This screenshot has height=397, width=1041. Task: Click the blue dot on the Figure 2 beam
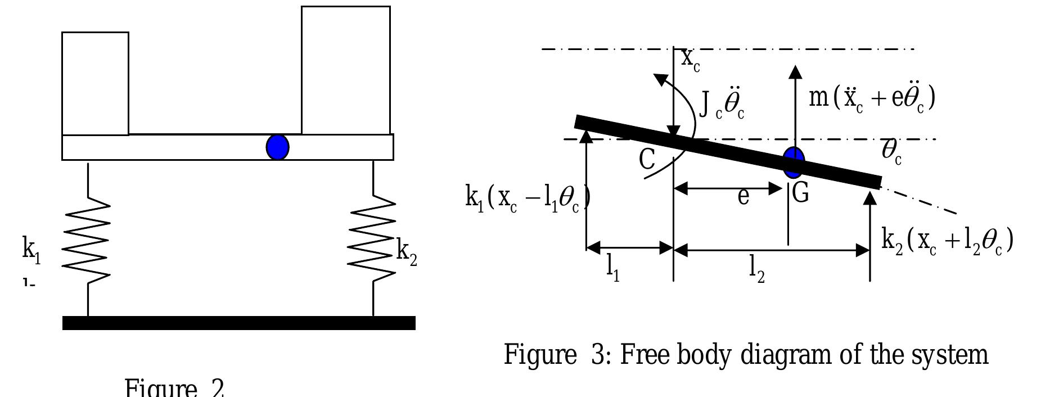(x=277, y=147)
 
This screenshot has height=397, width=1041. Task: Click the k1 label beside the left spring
(x=31, y=250)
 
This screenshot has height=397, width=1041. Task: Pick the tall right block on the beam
(x=345, y=71)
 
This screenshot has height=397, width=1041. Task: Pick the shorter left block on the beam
(x=95, y=83)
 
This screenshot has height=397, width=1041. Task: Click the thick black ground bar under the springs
(x=238, y=323)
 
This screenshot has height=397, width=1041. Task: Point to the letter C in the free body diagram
(x=647, y=160)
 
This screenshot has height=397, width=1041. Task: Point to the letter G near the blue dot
(x=800, y=193)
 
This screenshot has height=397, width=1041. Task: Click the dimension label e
(x=743, y=197)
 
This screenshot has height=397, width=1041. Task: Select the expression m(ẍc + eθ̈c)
(x=871, y=98)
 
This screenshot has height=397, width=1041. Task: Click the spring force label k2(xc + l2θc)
(x=947, y=241)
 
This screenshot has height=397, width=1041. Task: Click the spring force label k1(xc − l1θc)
(x=527, y=198)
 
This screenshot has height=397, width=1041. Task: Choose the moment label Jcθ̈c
(x=722, y=105)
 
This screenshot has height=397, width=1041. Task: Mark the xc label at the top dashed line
(x=691, y=60)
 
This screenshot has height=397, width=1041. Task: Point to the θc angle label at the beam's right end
(x=891, y=152)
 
